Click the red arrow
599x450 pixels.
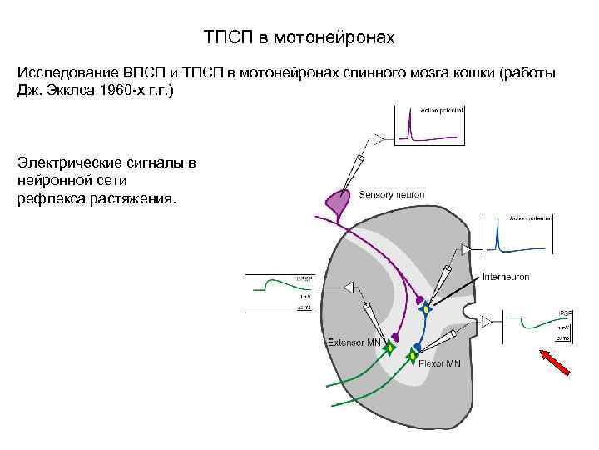click(557, 367)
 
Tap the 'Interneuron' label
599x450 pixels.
click(505, 276)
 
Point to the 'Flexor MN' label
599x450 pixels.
click(440, 363)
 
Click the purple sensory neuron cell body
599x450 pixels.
click(336, 202)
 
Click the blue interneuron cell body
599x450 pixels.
click(427, 310)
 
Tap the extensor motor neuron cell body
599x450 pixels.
click(389, 349)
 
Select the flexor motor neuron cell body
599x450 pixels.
click(412, 357)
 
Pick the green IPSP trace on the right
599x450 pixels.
click(532, 322)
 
